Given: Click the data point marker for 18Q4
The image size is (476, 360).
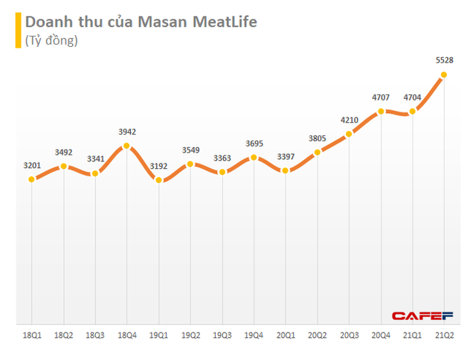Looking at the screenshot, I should tap(127, 147).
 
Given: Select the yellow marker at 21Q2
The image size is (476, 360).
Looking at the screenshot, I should tap(443, 74).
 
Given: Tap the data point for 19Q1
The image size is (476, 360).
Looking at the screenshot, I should tap(158, 181).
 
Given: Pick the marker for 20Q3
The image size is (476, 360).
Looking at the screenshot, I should tap(349, 135).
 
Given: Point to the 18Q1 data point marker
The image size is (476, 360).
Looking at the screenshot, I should tap(32, 179).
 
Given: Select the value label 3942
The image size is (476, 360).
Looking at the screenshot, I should tap(127, 132).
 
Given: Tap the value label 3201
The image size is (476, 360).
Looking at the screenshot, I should tap(32, 164).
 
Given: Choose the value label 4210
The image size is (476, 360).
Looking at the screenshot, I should tap(349, 120).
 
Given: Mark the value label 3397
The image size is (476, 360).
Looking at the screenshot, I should tap(285, 156).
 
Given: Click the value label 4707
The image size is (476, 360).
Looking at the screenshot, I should tap(380, 97).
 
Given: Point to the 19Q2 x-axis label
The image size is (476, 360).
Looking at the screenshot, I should tap(190, 336).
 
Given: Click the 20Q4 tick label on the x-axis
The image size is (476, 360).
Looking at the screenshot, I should tap(380, 336).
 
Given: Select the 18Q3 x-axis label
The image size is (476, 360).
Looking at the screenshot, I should tap(95, 336).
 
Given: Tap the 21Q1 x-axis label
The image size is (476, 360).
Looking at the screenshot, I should tap(412, 336).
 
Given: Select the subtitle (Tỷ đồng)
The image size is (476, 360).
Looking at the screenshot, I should tap(51, 41).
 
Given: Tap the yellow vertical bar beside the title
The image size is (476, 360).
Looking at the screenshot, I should tap(18, 30).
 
